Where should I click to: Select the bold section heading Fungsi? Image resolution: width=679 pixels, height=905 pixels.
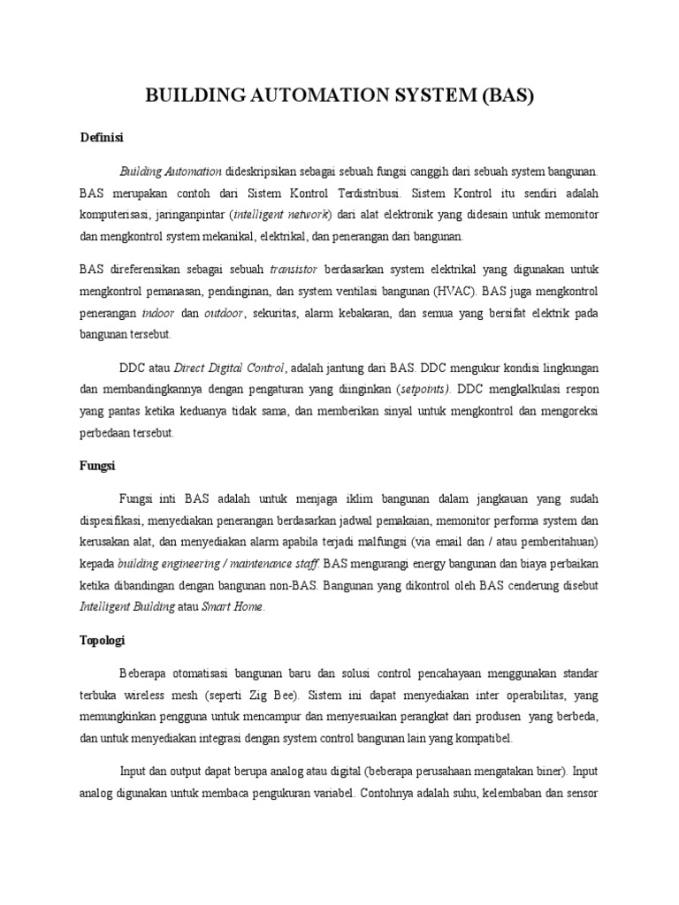point(97,465)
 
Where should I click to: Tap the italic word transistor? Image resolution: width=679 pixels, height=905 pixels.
point(294,269)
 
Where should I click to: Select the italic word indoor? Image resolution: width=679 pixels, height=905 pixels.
point(157,313)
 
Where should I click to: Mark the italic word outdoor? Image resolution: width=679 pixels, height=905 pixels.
point(224,313)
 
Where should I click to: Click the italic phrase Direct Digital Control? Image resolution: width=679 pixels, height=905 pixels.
point(229,368)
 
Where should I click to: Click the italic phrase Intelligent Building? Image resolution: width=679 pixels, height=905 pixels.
point(132,607)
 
